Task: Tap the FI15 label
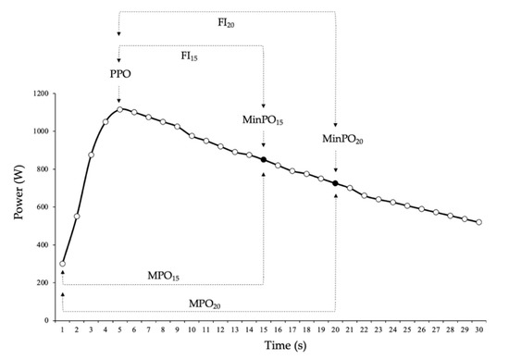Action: (x=192, y=56)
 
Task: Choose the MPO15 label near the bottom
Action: (x=164, y=275)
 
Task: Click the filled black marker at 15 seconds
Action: (x=264, y=159)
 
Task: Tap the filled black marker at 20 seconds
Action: (x=335, y=183)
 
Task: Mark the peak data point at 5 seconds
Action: (x=119, y=109)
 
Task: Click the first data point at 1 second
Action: (x=62, y=264)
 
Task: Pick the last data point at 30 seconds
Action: (x=478, y=222)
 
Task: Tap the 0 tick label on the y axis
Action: (x=46, y=320)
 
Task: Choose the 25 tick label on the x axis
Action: (x=407, y=329)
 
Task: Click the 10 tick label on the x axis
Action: (x=192, y=329)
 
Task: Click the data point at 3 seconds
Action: (x=91, y=155)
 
